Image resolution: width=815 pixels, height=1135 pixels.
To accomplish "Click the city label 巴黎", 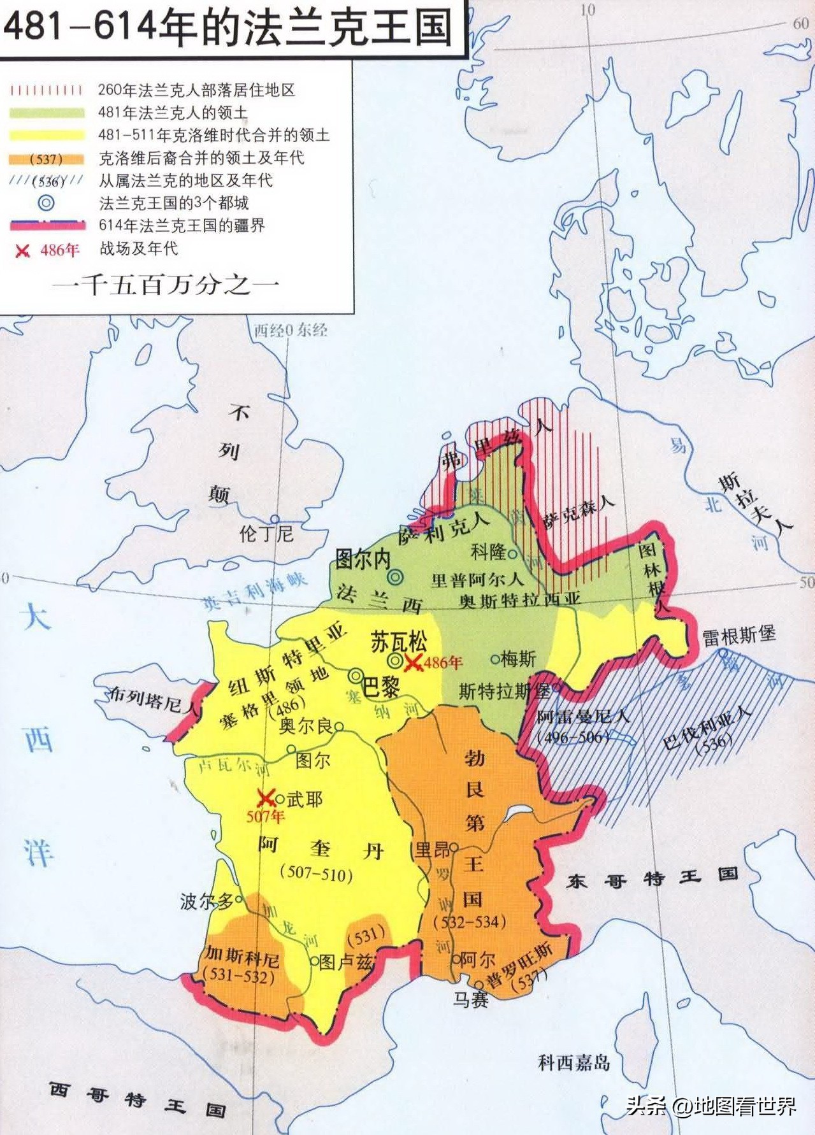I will point(381,687).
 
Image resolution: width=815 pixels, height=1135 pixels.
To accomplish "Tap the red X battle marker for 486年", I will point(414,662).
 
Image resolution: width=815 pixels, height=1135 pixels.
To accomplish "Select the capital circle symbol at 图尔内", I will point(396,577).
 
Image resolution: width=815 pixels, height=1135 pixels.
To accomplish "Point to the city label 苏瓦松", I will point(398,641).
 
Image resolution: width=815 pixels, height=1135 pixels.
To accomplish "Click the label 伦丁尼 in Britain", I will point(266,533).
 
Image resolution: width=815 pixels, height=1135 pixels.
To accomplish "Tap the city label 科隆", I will point(488,552).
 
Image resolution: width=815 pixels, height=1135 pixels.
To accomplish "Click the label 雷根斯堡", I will point(739,636).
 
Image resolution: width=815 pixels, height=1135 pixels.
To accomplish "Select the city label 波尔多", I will point(206,901).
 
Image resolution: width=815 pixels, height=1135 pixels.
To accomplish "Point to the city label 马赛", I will point(470,999).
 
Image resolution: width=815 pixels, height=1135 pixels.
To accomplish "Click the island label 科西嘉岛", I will point(573,1062).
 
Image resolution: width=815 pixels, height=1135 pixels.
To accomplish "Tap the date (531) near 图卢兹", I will point(366,935).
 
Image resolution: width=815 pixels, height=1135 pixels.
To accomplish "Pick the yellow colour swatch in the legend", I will point(47,136).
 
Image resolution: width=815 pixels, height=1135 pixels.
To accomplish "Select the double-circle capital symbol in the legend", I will point(46,203).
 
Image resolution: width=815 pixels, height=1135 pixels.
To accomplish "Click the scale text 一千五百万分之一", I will point(166,285).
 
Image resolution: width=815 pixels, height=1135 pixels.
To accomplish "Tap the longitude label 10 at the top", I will point(588,10).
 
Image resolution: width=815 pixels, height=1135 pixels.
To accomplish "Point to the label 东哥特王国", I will point(652,878).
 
